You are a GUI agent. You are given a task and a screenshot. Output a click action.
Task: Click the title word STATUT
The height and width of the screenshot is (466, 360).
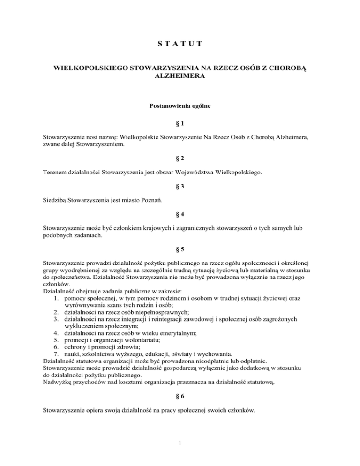click(180, 45)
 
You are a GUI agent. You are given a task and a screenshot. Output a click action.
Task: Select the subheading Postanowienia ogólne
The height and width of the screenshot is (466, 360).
click(180, 107)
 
